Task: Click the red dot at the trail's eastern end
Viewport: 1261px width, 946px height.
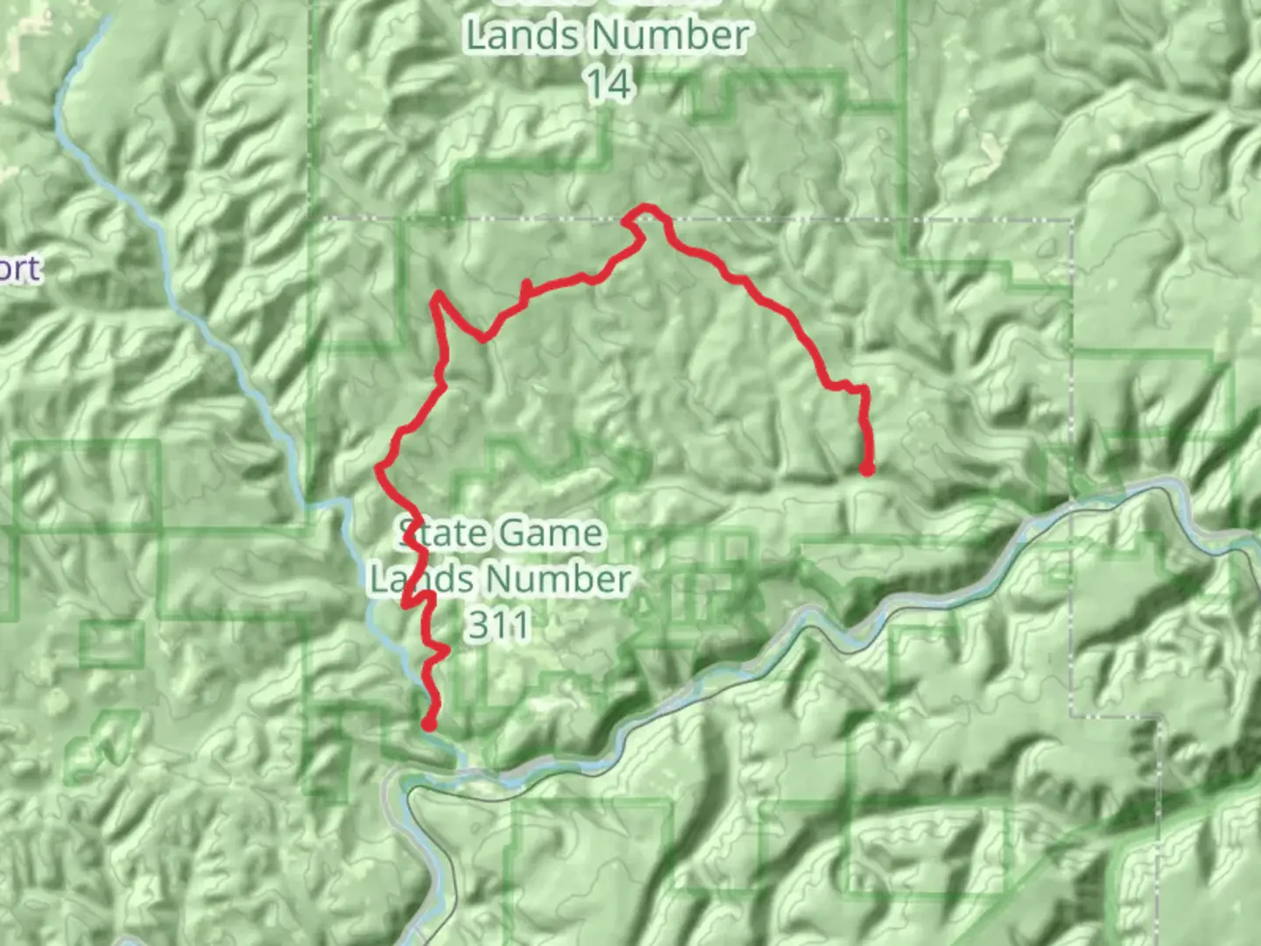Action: coord(867,469)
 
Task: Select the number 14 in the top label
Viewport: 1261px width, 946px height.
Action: coord(609,84)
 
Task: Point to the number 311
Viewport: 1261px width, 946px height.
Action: coord(498,625)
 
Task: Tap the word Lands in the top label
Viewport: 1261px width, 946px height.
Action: coord(521,37)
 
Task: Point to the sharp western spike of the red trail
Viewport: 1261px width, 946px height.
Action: coord(435,298)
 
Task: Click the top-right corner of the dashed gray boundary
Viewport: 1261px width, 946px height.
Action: coord(1072,221)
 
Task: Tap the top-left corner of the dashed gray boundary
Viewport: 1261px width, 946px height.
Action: coord(326,216)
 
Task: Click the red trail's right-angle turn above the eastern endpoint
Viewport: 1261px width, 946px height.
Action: coord(864,387)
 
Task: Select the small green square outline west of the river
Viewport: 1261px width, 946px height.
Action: coord(111,645)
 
